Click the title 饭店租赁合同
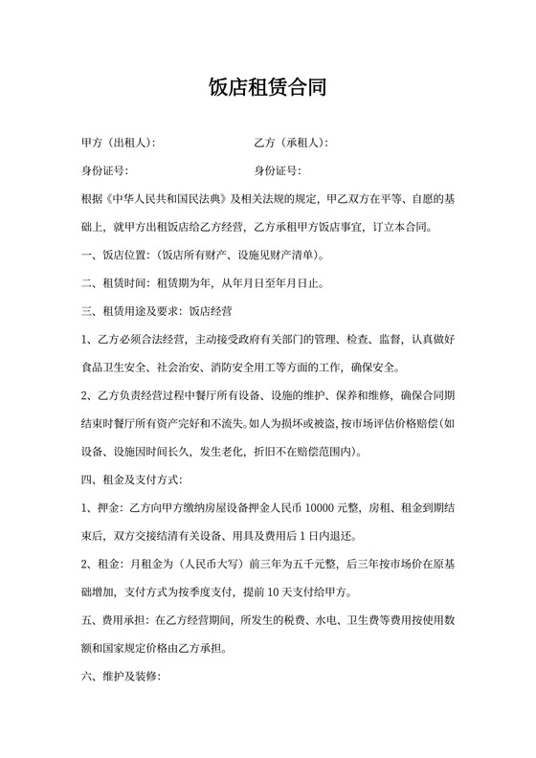pyautogui.click(x=268, y=89)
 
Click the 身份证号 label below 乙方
pyautogui.click(x=277, y=171)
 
